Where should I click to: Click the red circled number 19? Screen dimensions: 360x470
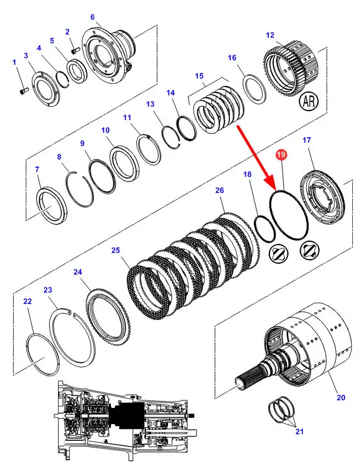coord(282,155)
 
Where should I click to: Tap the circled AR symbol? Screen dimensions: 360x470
coord(309,101)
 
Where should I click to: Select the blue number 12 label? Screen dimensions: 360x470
coord(270,35)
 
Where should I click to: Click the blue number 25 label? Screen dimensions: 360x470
coord(116,250)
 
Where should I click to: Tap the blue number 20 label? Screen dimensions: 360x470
coord(341,398)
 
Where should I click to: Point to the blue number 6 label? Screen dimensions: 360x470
coord(92,17)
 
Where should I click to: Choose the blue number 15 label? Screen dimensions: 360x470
coord(199,76)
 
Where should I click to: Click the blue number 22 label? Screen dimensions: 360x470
coord(27,301)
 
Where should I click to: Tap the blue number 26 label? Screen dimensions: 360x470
coord(220,190)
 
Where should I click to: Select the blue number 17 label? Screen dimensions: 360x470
coord(307,140)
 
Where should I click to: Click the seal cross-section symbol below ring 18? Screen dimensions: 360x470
coord(278,254)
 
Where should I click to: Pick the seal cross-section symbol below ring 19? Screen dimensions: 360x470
coord(310,250)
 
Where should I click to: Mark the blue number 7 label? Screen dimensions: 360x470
coord(37,169)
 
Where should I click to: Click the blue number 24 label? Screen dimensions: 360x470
coord(78,272)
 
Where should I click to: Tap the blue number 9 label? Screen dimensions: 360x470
coord(82,144)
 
